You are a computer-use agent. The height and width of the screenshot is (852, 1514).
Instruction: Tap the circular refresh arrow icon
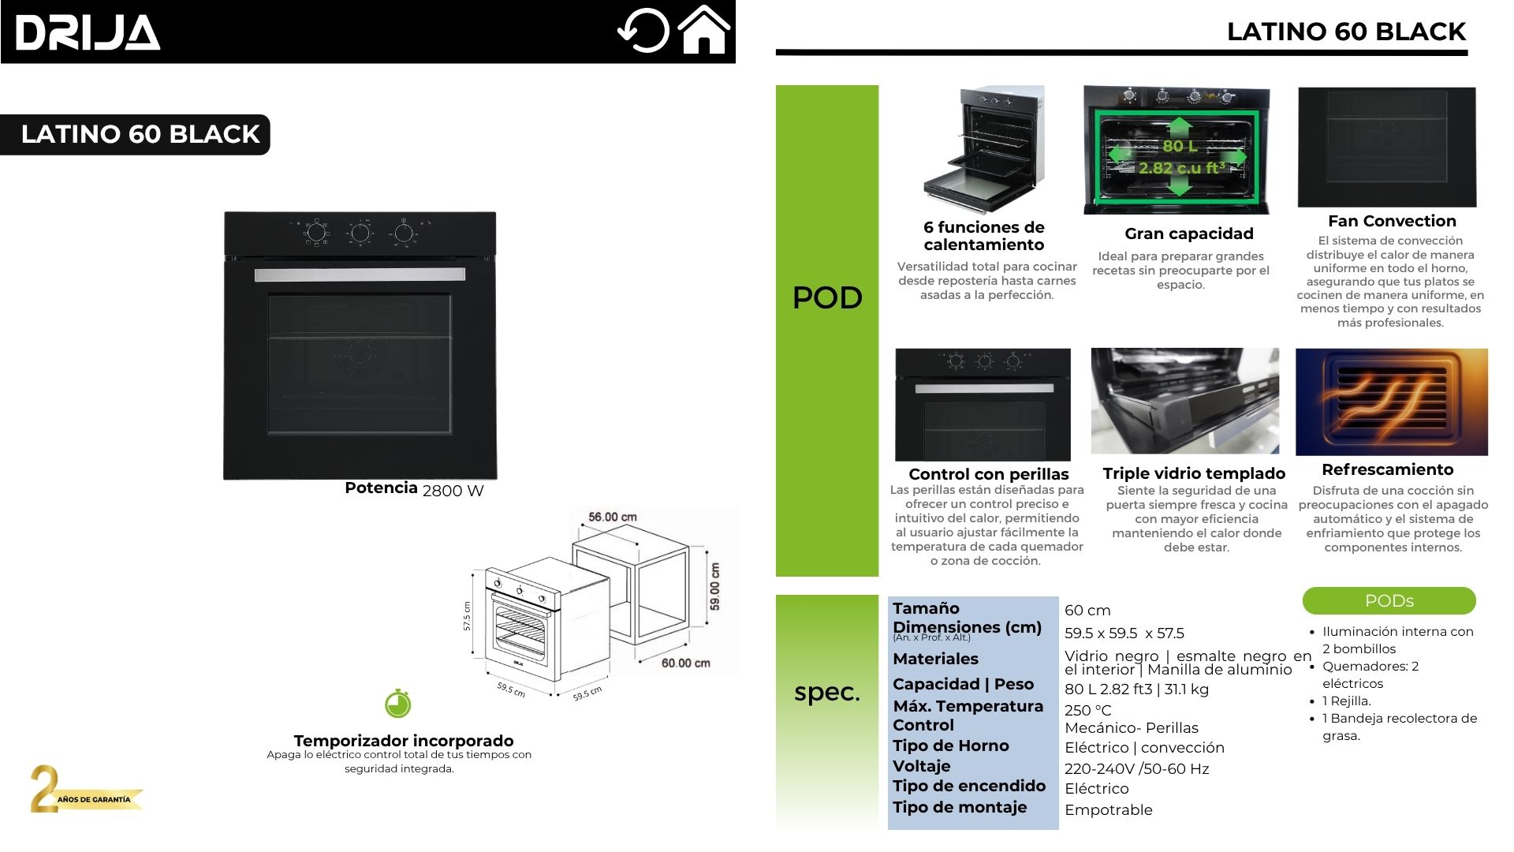click(643, 31)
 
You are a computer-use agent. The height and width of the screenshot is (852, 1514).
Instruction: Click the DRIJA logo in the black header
click(88, 33)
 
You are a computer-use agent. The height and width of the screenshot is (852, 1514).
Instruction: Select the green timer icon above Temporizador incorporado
click(398, 703)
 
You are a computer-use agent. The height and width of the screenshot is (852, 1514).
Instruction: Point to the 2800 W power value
click(453, 491)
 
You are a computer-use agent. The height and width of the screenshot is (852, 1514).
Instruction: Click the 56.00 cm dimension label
click(612, 517)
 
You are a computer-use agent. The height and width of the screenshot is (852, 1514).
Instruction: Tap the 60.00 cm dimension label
click(685, 663)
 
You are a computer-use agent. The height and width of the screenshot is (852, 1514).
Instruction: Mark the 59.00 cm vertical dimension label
click(714, 585)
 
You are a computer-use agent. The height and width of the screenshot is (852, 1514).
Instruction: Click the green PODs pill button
click(1389, 600)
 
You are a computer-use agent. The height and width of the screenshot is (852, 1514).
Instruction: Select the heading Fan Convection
click(1391, 221)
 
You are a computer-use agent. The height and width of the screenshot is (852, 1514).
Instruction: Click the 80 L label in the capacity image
click(1179, 146)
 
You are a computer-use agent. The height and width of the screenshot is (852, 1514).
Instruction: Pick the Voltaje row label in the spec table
click(921, 766)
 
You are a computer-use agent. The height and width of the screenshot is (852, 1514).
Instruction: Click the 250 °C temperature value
click(1087, 710)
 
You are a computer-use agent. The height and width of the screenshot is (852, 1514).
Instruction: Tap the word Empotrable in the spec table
click(1108, 809)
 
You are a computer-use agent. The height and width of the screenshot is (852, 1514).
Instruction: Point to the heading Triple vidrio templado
click(1194, 473)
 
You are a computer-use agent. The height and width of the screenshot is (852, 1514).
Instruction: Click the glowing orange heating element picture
click(1391, 402)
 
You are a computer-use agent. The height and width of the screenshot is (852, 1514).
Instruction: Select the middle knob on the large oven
click(360, 233)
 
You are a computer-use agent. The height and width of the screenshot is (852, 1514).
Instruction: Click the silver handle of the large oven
click(360, 275)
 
